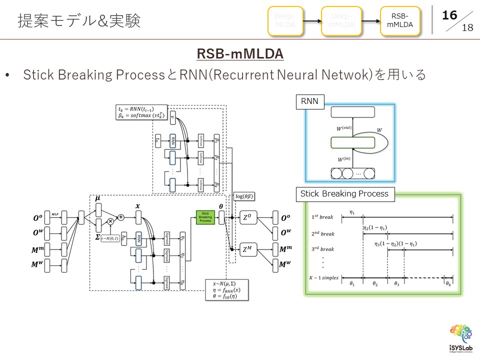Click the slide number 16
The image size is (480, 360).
[449, 15]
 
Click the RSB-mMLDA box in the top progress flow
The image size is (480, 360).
[399, 21]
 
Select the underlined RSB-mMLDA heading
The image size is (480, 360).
[240, 53]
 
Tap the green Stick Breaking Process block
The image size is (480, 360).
[205, 217]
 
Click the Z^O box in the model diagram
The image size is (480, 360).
[248, 218]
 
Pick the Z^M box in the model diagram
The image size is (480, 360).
[248, 249]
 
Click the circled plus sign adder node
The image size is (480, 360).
[121, 217]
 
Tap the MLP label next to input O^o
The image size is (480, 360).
[55, 214]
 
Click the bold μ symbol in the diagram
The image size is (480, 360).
[98, 198]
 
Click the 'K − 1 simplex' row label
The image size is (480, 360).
[324, 277]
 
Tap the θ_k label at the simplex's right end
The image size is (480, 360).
[448, 283]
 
